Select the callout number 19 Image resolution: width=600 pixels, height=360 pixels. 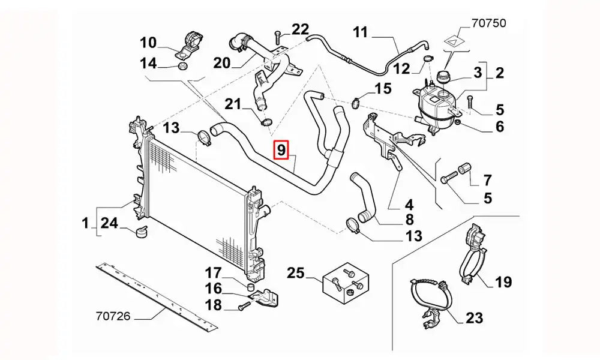coord(503,281)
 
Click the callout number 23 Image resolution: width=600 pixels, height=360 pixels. coord(474,317)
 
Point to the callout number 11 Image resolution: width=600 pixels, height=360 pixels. coord(360,32)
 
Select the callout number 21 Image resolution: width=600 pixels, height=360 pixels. coord(233,104)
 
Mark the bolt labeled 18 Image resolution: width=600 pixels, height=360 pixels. coord(242,307)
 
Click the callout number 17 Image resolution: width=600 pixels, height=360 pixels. coord(214,273)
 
